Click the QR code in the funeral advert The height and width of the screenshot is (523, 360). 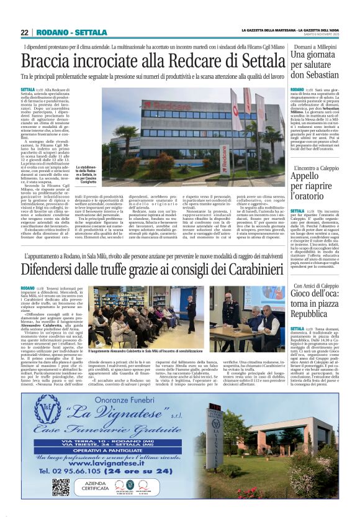61,486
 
